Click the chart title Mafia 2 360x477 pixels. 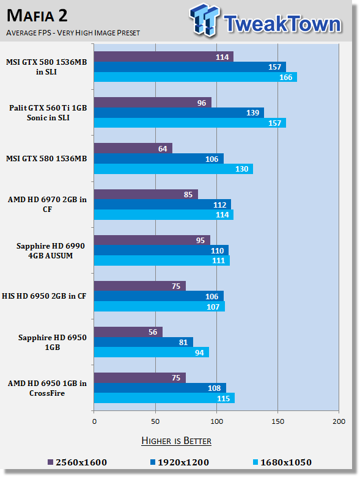click(x=37, y=16)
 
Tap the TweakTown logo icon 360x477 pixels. click(x=204, y=20)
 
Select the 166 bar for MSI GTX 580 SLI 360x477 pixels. click(x=196, y=77)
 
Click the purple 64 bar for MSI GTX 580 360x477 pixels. click(x=133, y=148)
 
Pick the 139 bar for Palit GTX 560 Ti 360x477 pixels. click(x=179, y=112)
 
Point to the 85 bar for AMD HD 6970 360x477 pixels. click(x=145, y=194)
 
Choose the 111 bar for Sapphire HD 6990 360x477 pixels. click(x=162, y=260)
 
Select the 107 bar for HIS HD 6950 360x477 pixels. click(x=160, y=307)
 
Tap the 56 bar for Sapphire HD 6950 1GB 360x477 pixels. click(x=128, y=332)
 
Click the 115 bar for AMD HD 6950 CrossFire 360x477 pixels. click(x=164, y=398)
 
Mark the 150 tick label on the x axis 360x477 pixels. click(x=277, y=421)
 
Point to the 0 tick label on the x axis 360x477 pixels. click(x=94, y=421)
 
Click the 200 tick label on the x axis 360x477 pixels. click(x=339, y=421)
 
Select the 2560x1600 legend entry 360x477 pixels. click(x=77, y=462)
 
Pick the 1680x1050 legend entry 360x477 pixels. click(x=282, y=462)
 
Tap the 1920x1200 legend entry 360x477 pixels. click(x=180, y=462)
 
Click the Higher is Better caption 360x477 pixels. click(x=176, y=441)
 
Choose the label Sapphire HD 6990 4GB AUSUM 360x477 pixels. click(x=51, y=250)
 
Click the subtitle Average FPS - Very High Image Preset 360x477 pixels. click(x=73, y=32)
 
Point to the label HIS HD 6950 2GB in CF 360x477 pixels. click(x=44, y=296)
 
